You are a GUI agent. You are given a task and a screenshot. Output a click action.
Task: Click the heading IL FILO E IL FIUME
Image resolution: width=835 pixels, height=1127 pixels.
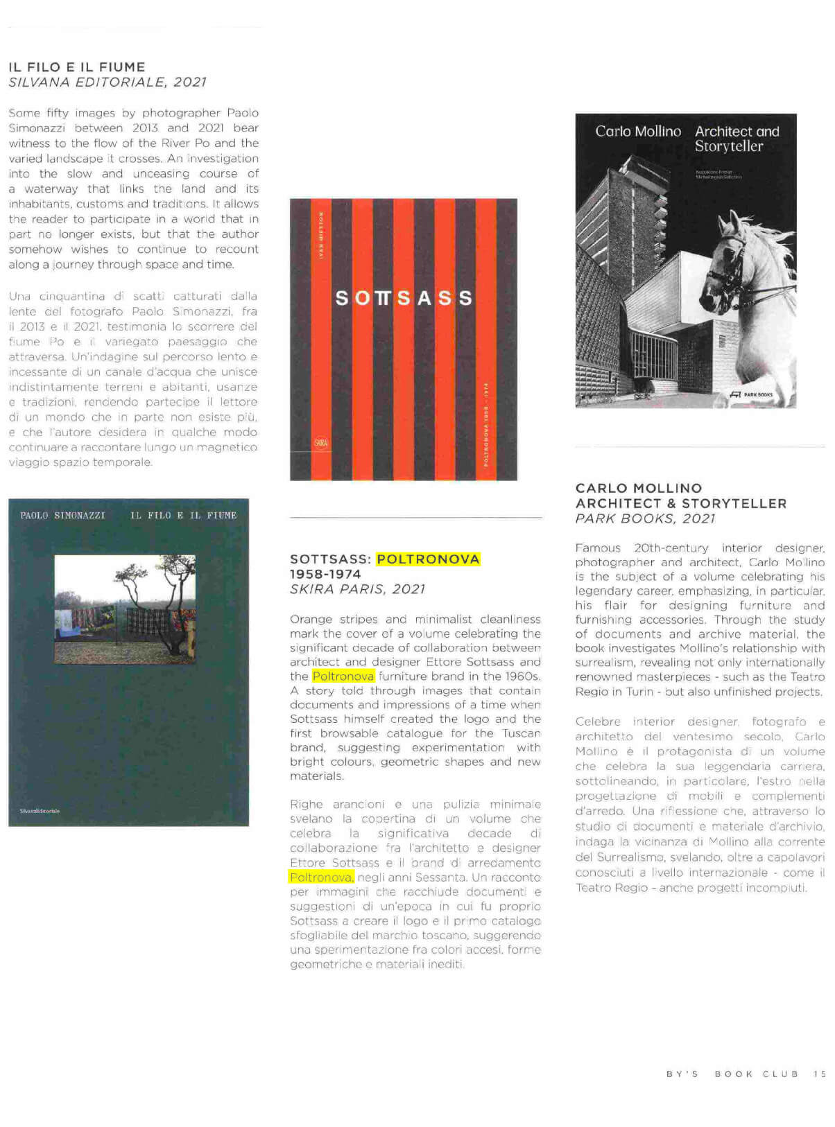pos(77,67)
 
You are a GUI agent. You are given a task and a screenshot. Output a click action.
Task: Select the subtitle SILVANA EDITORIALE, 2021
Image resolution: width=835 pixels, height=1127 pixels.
pos(107,82)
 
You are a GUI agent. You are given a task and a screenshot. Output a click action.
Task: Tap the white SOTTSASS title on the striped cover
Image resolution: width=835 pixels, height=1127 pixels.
pos(404,298)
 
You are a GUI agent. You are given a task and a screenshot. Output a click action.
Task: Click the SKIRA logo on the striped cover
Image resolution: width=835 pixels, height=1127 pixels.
pos(321,443)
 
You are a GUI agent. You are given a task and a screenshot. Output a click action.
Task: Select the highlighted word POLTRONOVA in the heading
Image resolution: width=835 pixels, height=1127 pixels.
pos(428,559)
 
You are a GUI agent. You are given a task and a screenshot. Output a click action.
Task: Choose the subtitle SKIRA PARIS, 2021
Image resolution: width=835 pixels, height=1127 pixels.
pos(357,589)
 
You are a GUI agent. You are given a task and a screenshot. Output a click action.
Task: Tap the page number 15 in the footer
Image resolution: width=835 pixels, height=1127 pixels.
pos(820,1074)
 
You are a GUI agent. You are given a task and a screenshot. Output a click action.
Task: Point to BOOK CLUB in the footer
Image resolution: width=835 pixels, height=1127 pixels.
pos(756,1074)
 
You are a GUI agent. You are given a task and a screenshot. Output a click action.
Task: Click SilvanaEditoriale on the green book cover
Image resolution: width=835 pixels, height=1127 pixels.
pos(40,810)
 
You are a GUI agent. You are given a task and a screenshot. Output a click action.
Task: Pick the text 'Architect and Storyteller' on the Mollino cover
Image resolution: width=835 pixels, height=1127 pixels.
pos(737,139)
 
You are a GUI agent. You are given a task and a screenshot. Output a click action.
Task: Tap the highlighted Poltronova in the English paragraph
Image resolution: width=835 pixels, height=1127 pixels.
pos(343,676)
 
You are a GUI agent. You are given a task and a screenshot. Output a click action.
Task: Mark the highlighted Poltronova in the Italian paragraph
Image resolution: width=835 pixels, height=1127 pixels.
pos(321,877)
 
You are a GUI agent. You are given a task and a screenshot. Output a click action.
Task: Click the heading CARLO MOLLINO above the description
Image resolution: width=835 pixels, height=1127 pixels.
pos(639,488)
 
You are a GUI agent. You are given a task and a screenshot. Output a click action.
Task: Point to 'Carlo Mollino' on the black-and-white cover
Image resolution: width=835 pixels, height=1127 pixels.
pos(638,132)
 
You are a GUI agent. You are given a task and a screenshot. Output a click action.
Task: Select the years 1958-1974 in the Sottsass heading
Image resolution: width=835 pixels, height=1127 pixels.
pos(325,575)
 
